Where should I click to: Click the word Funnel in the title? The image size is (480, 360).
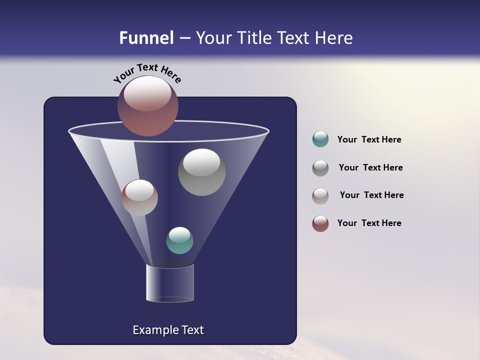(146, 38)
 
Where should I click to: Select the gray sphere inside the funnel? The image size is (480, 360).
(201, 172)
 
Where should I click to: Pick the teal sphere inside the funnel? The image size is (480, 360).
(179, 240)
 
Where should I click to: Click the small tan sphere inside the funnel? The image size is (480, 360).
(139, 197)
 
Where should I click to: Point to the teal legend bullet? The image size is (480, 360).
(320, 139)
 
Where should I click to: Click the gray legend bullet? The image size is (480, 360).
(320, 167)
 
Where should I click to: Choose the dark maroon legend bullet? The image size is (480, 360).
(320, 223)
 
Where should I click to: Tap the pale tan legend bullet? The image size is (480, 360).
(320, 195)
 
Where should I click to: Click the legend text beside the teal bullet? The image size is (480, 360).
(369, 139)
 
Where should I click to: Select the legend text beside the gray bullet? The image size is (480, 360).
(370, 167)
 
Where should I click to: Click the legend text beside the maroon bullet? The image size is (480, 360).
(369, 223)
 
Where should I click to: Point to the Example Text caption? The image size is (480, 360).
(168, 330)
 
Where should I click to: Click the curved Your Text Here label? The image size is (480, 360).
(147, 72)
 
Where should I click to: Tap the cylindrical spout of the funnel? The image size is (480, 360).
(170, 283)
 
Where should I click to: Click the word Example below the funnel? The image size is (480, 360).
(152, 330)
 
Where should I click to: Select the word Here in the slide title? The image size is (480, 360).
(334, 38)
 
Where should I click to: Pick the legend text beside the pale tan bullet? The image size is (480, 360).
(371, 195)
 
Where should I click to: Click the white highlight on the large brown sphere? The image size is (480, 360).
(147, 93)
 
